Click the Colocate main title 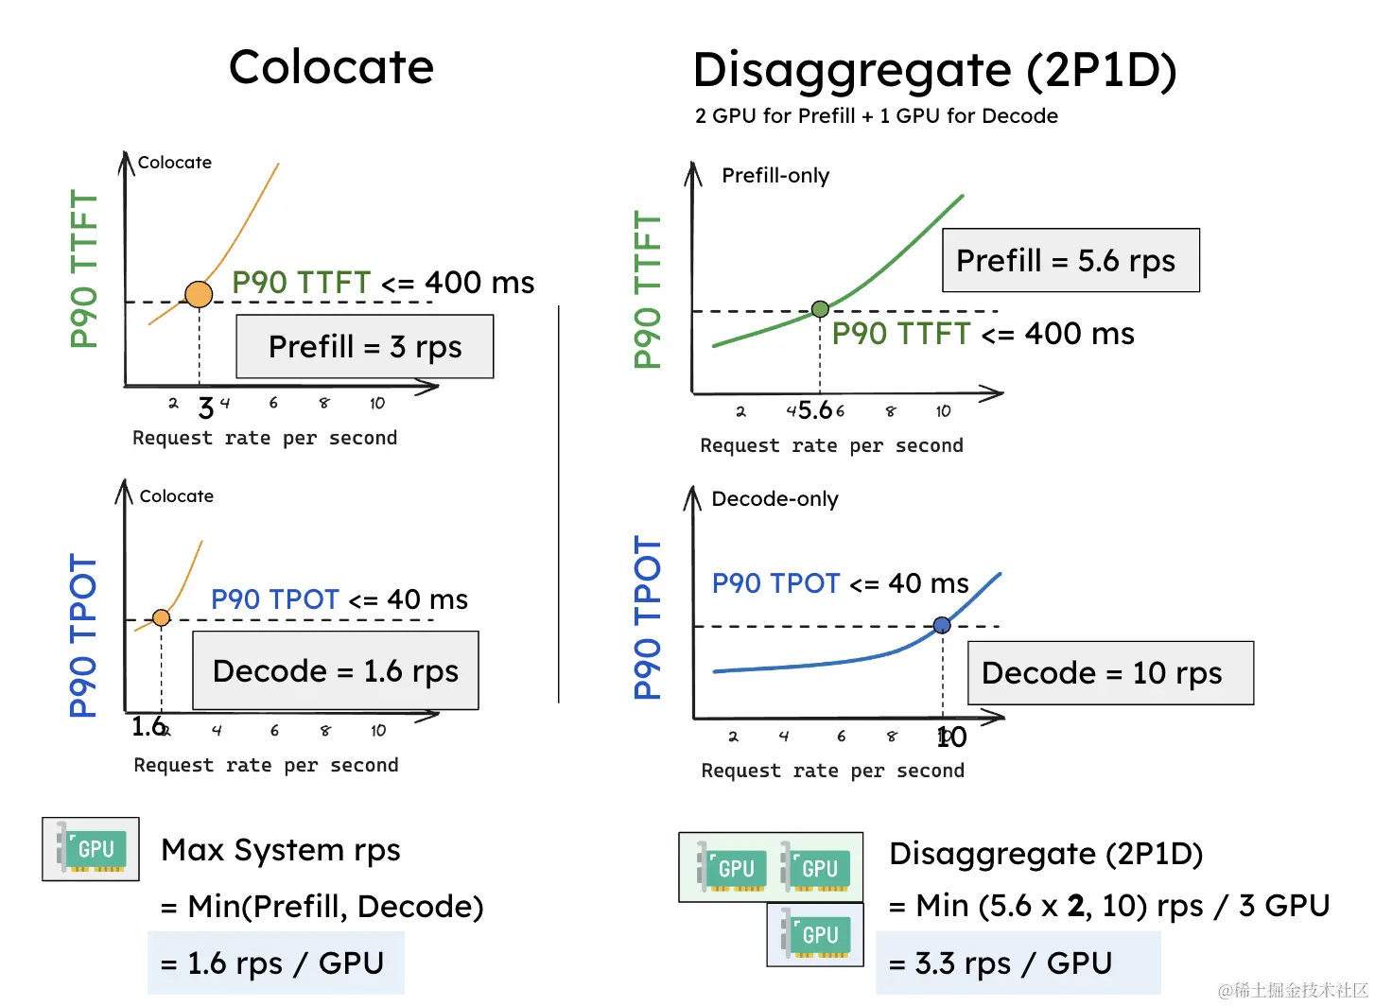click(332, 67)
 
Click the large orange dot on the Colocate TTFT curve click(199, 295)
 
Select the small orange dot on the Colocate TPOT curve click(162, 618)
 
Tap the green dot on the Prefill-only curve click(821, 309)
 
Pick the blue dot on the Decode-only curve click(942, 626)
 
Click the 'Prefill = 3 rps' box click(365, 347)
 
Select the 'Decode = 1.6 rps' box click(336, 671)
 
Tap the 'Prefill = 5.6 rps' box click(1071, 260)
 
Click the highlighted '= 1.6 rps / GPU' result click(275, 963)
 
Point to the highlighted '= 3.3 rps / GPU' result click(1018, 963)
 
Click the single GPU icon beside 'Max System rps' click(91, 849)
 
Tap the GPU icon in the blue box click(815, 935)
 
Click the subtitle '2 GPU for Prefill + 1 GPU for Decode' click(877, 116)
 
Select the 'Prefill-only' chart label click(775, 176)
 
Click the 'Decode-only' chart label click(775, 499)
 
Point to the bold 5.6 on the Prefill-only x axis click(815, 410)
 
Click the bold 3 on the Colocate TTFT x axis click(205, 408)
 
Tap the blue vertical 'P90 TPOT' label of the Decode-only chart click(648, 617)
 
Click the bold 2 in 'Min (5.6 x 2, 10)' click(1076, 906)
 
